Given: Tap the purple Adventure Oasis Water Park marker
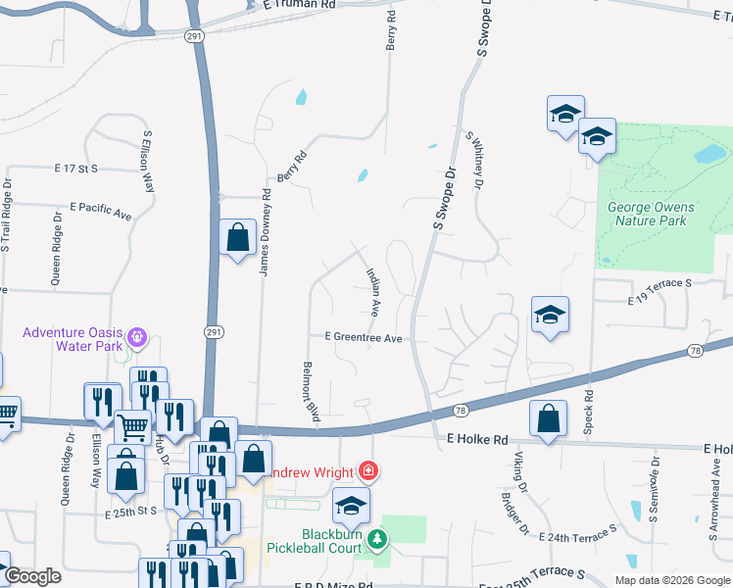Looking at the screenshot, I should [137, 338].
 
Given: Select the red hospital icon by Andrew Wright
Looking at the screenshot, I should [367, 471].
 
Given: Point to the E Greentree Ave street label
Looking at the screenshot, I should [365, 337].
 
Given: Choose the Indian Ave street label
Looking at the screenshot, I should [373, 293].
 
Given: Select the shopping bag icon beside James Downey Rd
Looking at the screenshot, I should [238, 237].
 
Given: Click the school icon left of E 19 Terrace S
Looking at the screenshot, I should [551, 315].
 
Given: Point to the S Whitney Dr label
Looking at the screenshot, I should [475, 161].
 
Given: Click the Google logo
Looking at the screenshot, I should [32, 577].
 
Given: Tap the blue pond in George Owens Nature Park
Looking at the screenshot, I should [709, 154].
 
